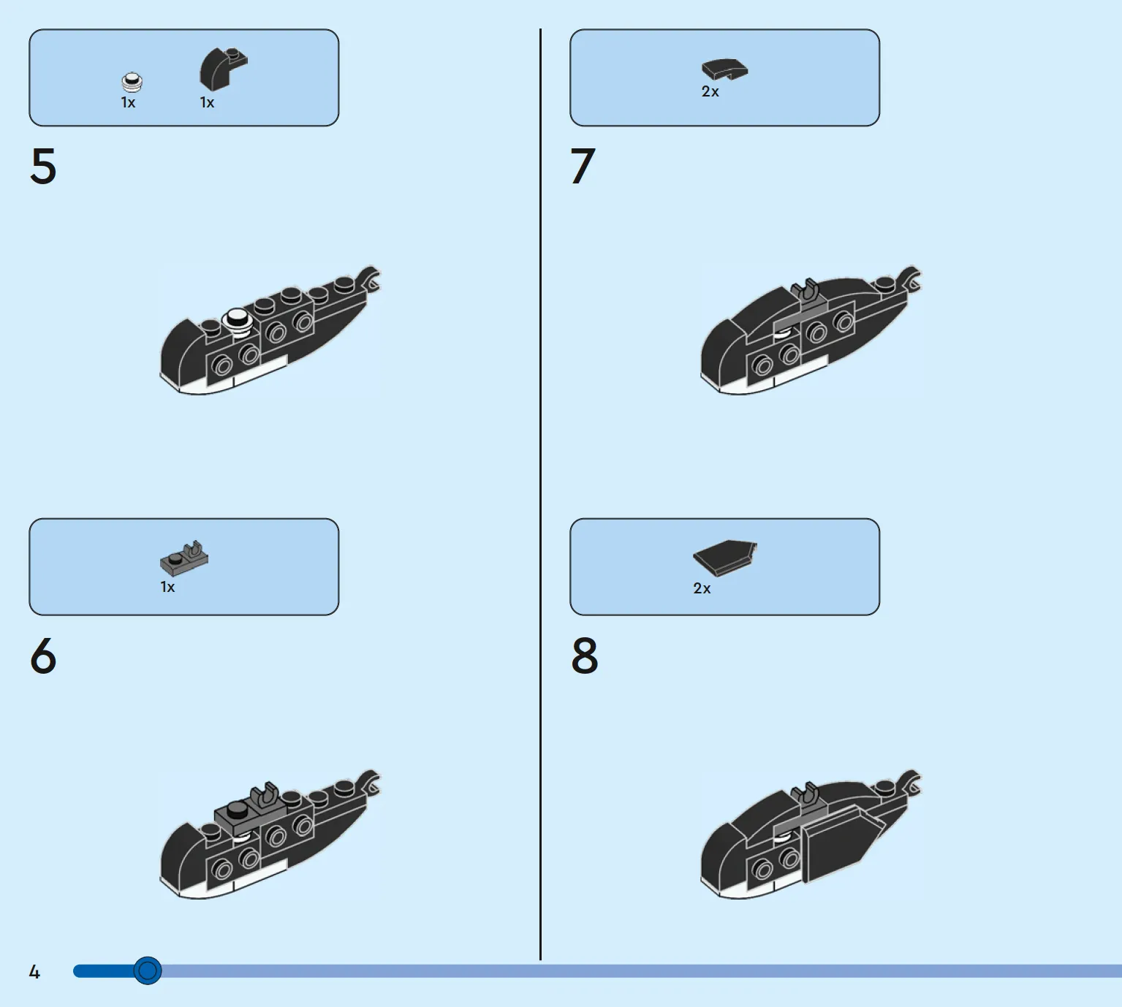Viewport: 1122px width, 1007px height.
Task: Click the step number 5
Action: (x=43, y=166)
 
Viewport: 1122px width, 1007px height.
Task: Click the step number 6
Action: (x=43, y=655)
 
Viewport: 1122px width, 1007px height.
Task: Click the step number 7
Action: (x=583, y=166)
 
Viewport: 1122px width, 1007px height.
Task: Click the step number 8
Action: (x=584, y=655)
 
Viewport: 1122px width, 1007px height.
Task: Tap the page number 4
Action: (x=34, y=972)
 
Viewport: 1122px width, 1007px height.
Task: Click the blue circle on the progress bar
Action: (x=148, y=970)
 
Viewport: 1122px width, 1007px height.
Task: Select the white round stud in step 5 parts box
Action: (x=132, y=82)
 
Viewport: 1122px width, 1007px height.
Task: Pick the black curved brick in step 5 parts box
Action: (x=223, y=69)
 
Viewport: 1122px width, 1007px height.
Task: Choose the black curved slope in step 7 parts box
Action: (x=725, y=69)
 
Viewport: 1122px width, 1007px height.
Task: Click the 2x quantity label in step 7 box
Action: (x=710, y=91)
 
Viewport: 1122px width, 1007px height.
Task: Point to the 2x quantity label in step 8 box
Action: (x=702, y=588)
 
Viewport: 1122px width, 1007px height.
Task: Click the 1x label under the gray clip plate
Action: (x=167, y=587)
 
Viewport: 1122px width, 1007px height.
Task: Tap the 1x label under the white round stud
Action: (x=128, y=102)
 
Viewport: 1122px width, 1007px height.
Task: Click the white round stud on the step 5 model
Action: (x=237, y=322)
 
